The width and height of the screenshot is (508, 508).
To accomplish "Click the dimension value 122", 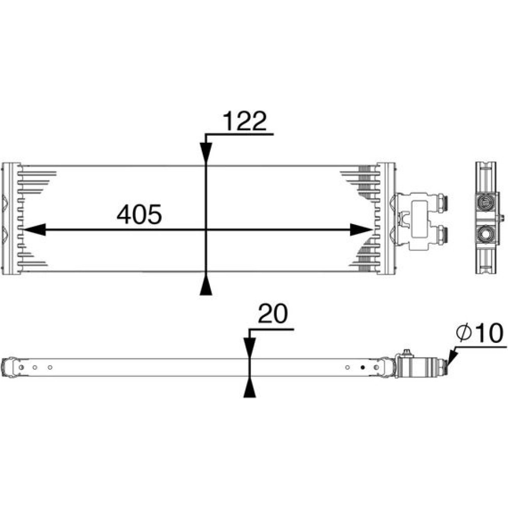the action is click(x=245, y=121).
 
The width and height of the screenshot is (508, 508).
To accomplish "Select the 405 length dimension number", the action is click(x=139, y=214).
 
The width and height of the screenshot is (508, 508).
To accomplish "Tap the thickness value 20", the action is click(x=273, y=313).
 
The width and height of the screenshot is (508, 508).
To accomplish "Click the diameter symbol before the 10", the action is click(x=464, y=333).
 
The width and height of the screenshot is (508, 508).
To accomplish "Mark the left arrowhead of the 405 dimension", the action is click(x=35, y=230).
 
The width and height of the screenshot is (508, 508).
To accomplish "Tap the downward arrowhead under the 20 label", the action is click(x=249, y=348).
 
